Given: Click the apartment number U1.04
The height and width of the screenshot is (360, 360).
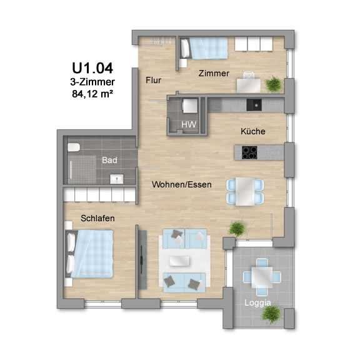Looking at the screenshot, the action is coord(92,68).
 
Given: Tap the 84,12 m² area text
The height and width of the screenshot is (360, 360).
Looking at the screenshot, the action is coord(92,94).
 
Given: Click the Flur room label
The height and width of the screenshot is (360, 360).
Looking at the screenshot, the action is coord(153,81).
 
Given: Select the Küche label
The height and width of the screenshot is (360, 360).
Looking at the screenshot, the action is coord(252,131).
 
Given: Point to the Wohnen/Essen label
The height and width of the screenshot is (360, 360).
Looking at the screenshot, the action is coord(182,184).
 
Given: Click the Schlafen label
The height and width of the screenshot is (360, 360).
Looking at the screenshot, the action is coord(97,218).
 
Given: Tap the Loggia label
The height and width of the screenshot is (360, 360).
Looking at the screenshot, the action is coord(257,303).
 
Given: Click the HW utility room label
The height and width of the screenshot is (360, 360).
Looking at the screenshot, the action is coord(189,124).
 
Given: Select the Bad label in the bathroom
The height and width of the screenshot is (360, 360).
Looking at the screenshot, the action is coord(109,160).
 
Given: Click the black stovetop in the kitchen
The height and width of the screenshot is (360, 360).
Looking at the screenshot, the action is coord(249,152).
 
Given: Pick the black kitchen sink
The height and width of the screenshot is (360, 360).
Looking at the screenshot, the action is coord(254,105).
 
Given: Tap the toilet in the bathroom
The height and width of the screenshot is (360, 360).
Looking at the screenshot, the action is coord(74,147).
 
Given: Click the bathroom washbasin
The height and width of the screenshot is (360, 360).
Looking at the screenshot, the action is coord(117,179).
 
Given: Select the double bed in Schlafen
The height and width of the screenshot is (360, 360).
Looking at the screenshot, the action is coord(89,254).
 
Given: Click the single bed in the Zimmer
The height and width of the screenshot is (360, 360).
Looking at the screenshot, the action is coord(204,48).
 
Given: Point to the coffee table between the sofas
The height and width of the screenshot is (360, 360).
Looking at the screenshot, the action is coord(179,261).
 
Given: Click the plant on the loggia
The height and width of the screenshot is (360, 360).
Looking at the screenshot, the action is coord(271,314).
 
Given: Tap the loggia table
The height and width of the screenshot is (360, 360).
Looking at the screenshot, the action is coord(262,277).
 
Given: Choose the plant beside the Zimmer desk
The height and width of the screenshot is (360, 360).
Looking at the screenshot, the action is coord(273,84).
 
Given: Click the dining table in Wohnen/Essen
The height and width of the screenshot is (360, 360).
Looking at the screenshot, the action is coord(245,191).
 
